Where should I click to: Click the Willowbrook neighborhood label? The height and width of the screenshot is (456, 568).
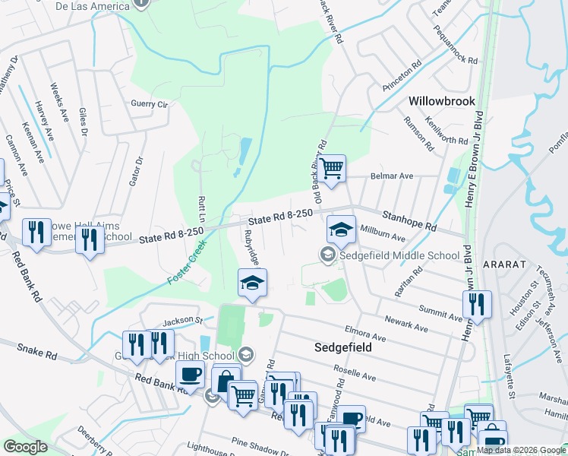point(441,100)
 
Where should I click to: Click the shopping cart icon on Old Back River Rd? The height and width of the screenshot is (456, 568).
point(331,168)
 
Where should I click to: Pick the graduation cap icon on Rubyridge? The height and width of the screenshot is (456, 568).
point(252,283)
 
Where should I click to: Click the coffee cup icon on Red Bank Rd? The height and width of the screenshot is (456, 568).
point(189,374)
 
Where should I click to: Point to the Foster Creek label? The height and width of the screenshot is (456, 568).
point(184,261)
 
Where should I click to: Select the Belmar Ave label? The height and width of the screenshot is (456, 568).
point(391,176)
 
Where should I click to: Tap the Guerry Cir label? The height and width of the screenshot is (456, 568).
point(149,104)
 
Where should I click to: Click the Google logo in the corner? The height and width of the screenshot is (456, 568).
point(25,446)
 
